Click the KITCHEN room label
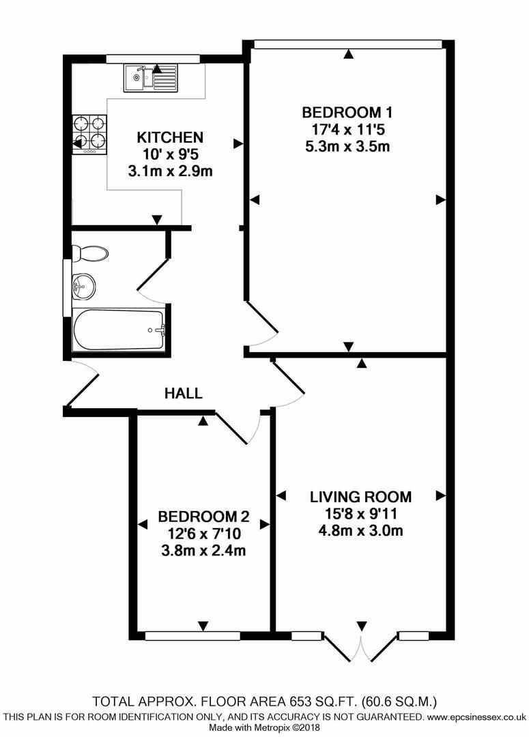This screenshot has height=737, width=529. click(x=170, y=136)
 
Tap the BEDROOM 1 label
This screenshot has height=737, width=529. click(x=347, y=112)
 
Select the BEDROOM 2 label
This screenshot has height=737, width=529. click(x=203, y=517)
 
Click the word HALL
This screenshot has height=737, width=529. click(x=184, y=393)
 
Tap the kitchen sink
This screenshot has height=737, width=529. click(x=150, y=77)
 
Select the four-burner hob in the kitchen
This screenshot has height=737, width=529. click(x=90, y=133)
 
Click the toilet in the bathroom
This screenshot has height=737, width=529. click(x=90, y=254)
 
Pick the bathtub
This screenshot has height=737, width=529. click(x=119, y=330)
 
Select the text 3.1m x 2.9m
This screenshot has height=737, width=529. click(x=170, y=171)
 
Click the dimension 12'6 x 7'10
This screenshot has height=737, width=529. click(x=203, y=534)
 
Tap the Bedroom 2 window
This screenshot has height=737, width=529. click(x=192, y=636)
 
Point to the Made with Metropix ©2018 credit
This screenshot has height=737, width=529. click(x=264, y=729)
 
